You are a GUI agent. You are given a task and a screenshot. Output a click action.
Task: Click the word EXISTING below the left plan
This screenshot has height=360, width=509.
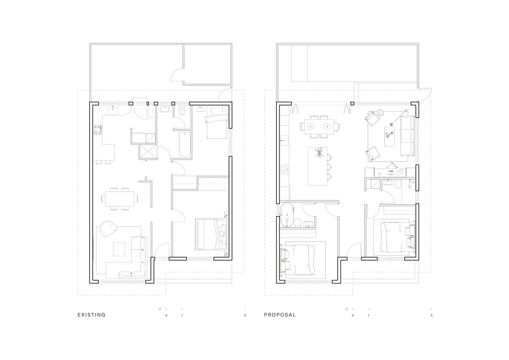(91, 315)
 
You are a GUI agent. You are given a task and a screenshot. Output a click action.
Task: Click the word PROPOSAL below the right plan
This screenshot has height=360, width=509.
(280, 315)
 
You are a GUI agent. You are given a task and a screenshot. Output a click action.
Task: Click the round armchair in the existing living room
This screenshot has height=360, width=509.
(107, 229)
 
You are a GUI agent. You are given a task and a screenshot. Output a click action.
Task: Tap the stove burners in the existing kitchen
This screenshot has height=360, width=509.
(97, 130)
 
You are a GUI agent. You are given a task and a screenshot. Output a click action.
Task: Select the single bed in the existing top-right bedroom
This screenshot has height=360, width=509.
(215, 124)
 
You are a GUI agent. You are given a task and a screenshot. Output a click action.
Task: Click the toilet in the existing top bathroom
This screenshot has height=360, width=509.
(179, 112)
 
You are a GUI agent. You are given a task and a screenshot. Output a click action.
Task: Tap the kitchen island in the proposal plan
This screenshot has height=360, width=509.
(318, 165)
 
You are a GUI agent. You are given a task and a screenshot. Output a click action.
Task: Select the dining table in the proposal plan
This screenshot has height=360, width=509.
(320, 127)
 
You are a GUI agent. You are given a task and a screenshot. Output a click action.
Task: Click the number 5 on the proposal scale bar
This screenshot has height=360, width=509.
(431, 316)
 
